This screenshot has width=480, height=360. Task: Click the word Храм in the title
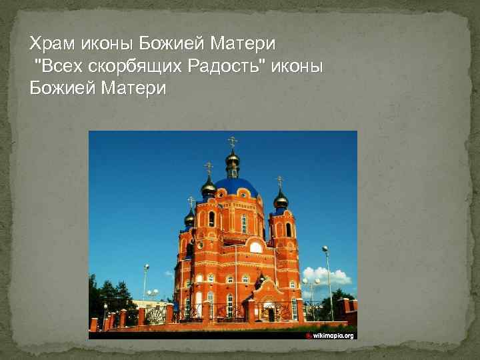(x=53, y=45)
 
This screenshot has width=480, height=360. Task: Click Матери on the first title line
(x=243, y=45)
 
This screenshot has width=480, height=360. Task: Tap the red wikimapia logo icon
(x=309, y=335)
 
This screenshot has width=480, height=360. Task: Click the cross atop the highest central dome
(x=232, y=141)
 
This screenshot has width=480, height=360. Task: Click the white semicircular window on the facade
(x=256, y=247)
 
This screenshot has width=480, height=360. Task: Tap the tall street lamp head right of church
(x=325, y=249)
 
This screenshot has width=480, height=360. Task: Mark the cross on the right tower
(x=280, y=181)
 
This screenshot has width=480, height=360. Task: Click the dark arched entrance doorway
(x=271, y=313)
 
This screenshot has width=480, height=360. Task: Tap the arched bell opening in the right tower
(x=288, y=229)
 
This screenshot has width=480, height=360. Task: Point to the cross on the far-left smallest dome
(x=191, y=201)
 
